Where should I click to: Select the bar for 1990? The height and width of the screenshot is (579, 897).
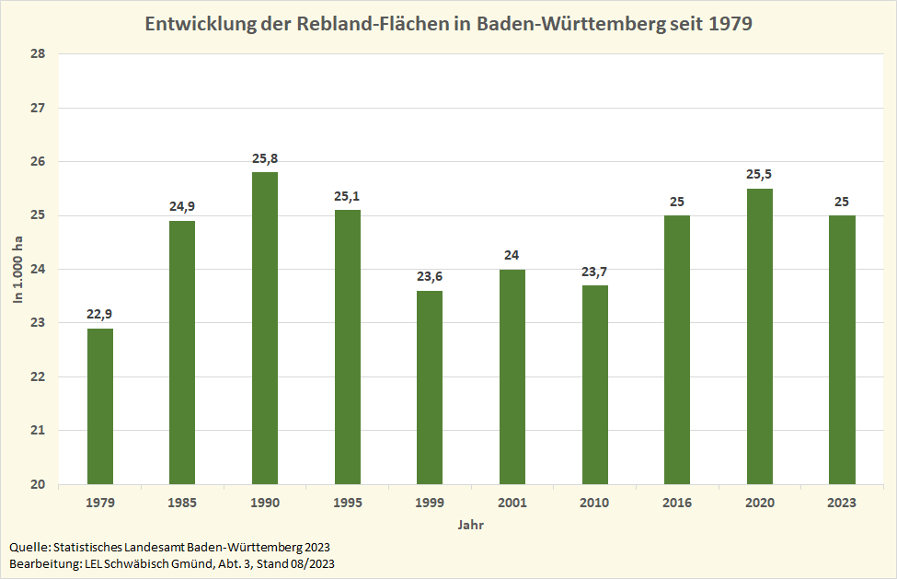point(265,328)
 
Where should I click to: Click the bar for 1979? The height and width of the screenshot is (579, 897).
point(100,406)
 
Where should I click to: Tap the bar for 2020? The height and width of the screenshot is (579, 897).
point(760,336)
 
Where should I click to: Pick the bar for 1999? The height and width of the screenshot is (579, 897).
point(430,388)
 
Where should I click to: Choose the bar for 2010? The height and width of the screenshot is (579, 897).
point(595,385)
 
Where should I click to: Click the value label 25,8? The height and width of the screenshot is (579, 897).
point(265,158)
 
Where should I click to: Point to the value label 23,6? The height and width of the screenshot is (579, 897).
point(430,276)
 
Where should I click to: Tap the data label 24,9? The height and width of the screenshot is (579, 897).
point(182,206)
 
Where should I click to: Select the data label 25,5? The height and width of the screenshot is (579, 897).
point(760,174)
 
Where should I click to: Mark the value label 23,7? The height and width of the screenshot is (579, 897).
point(595,271)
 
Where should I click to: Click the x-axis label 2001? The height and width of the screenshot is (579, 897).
point(512,503)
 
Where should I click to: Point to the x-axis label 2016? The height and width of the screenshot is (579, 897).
point(677,503)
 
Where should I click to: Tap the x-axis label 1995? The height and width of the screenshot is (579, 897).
point(348,503)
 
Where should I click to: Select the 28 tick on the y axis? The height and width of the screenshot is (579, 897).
point(39,54)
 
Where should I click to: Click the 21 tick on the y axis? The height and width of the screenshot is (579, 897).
point(39,431)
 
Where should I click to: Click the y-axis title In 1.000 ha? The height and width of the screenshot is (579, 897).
point(17,269)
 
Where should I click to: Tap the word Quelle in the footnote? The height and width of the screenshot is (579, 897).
point(27,547)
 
